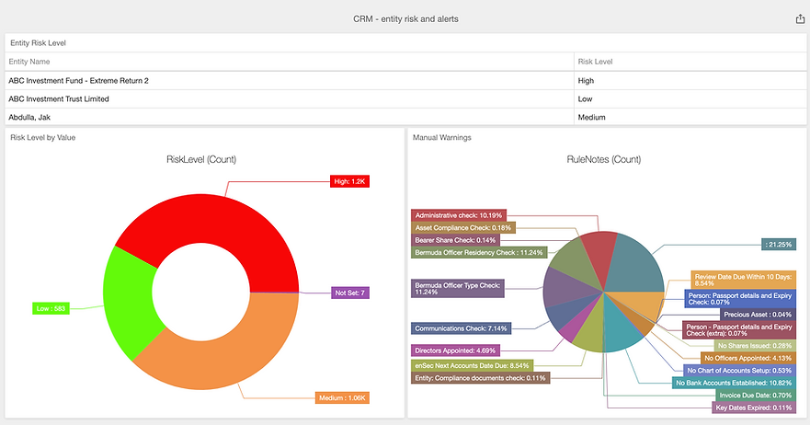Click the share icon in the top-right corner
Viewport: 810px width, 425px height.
pyautogui.click(x=799, y=18)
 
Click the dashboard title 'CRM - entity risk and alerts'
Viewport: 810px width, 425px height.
pyautogui.click(x=405, y=18)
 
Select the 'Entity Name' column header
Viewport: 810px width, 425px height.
pyautogui.click(x=29, y=62)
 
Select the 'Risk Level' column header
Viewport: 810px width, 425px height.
pyautogui.click(x=595, y=62)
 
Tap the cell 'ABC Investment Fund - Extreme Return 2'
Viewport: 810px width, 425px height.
pyautogui.click(x=78, y=81)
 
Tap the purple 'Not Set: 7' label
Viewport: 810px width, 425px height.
pyautogui.click(x=350, y=293)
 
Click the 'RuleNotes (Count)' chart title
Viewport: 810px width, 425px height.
pyautogui.click(x=603, y=159)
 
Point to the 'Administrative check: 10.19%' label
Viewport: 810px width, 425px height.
pyautogui.click(x=456, y=214)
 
